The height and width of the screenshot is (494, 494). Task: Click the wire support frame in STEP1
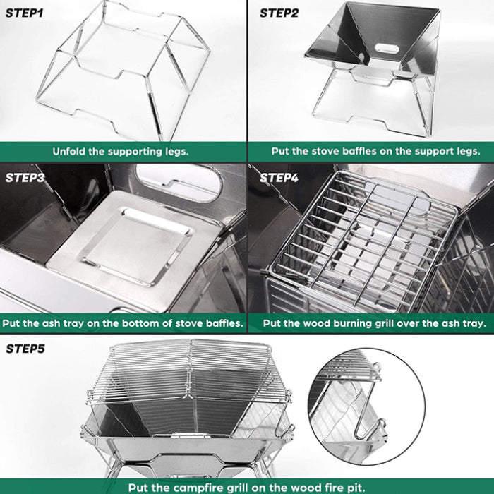[x=120, y=71]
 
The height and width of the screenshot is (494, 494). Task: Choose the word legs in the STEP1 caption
[x=176, y=151]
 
